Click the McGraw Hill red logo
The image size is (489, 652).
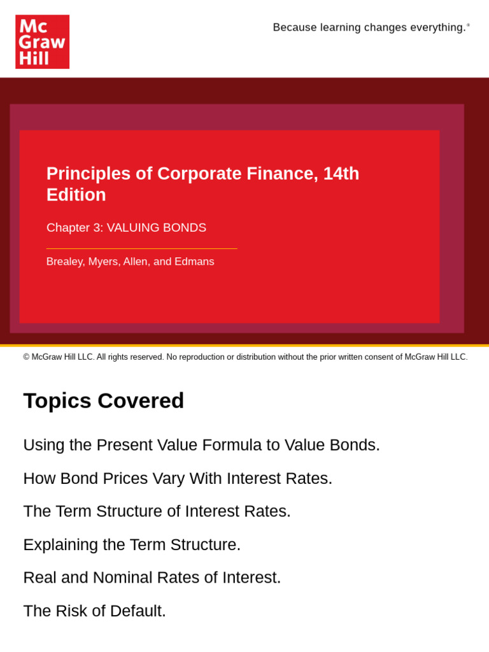coord(42,42)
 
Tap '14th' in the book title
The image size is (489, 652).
coord(341,174)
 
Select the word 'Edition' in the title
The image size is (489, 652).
coord(76,195)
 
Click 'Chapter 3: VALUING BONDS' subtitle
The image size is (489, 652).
coord(126,227)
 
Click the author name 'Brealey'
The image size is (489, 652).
coord(64,262)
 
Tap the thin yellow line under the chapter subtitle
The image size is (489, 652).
coord(141,248)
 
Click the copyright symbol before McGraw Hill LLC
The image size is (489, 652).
coord(27,357)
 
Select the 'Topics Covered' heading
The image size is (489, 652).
coord(104,400)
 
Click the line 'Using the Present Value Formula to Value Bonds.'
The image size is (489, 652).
coord(201,445)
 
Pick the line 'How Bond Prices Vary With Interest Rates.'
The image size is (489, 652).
coord(178,478)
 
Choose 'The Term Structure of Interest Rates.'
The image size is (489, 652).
coord(157,511)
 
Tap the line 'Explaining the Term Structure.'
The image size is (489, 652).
coord(132,544)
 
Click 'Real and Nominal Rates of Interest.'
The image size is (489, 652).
coord(152,578)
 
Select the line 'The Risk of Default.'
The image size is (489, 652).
coord(94,611)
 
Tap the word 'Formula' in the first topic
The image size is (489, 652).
coord(231,445)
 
